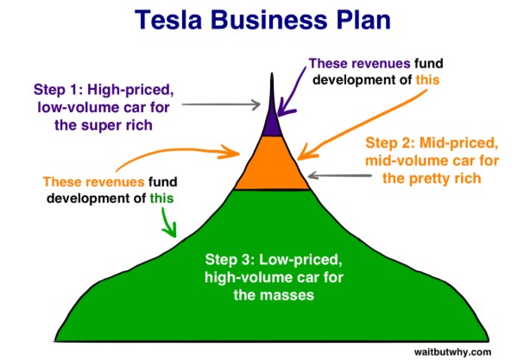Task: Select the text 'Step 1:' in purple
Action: click(x=61, y=90)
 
